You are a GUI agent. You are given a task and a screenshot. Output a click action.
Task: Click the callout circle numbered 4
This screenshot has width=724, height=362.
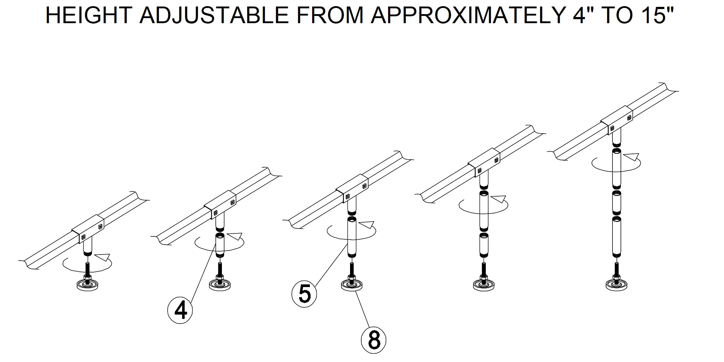[180, 311]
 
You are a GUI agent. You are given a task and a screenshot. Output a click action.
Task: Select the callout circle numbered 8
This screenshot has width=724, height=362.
[374, 340]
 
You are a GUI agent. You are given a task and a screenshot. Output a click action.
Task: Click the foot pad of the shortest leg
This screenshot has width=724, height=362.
[88, 284]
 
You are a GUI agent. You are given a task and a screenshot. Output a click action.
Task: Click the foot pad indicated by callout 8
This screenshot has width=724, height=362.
[352, 284]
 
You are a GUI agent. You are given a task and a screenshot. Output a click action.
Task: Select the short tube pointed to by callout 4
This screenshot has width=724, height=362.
[220, 244]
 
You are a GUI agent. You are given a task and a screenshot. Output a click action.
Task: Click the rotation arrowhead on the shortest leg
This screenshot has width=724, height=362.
[102, 257]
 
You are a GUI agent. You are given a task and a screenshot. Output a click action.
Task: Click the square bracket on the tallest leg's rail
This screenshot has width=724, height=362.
[616, 122]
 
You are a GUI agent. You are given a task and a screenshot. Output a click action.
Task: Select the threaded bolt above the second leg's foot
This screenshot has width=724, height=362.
[220, 269]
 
